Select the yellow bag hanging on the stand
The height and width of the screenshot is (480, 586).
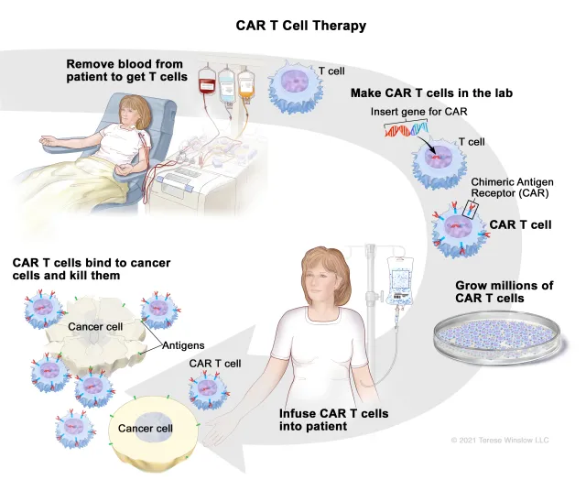[x=245, y=86]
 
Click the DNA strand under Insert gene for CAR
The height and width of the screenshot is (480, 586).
[x=408, y=133]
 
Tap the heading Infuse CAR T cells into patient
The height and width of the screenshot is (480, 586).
[x=333, y=420]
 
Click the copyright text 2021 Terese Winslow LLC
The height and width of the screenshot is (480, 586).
[x=500, y=441]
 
